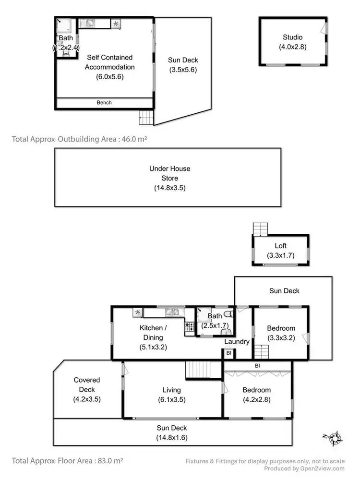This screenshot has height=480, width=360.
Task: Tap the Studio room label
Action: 292,37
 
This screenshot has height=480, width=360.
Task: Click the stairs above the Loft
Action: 259,229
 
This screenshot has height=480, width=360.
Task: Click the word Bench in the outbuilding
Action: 104,103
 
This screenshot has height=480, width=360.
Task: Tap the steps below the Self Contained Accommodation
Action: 145,117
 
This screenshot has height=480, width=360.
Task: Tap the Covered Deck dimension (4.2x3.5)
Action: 87,399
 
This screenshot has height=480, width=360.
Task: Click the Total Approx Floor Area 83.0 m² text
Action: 67,460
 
